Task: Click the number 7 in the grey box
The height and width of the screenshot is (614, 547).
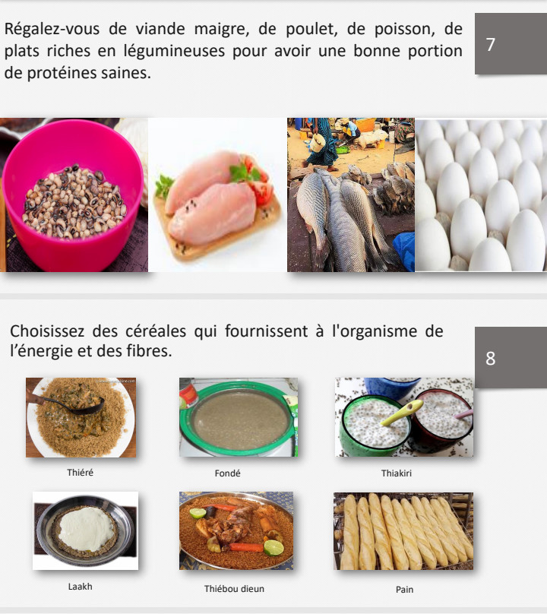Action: click(x=490, y=45)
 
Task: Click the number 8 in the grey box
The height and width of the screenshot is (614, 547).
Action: click(x=490, y=359)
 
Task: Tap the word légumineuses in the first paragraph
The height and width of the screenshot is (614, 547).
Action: click(x=174, y=52)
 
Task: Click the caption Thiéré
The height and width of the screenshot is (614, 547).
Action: click(x=81, y=473)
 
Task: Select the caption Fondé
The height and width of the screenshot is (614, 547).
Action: click(x=227, y=473)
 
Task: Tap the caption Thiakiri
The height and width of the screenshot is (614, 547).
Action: click(x=397, y=473)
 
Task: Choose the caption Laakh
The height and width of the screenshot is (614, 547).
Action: click(x=81, y=586)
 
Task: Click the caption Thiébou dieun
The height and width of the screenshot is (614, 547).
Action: click(x=234, y=589)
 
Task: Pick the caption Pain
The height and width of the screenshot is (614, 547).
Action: click(x=404, y=590)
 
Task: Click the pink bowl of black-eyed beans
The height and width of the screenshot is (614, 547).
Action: click(x=72, y=196)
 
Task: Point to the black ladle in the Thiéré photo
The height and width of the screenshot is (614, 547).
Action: click(x=74, y=404)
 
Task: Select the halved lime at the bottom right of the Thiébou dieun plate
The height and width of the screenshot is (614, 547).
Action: click(x=273, y=548)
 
